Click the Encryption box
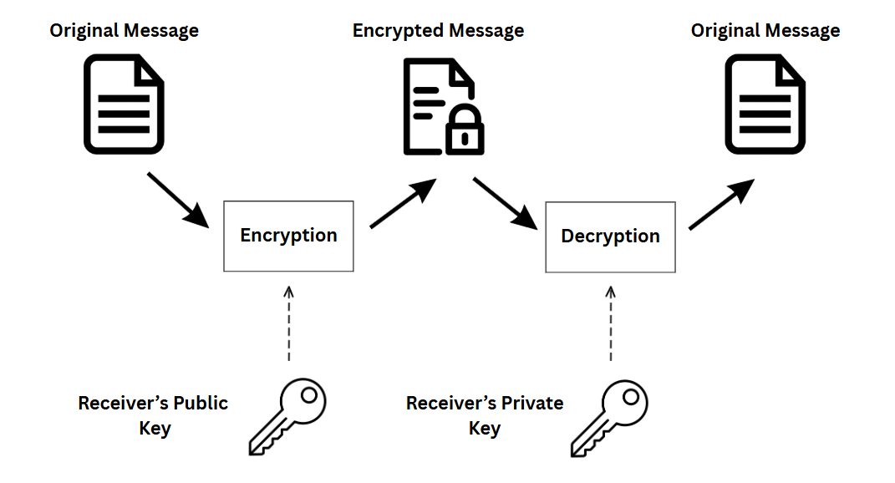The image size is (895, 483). coord(288,236)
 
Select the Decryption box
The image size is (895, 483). coord(610,236)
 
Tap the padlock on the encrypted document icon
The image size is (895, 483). coord(465,130)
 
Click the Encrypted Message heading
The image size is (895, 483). coord(438,31)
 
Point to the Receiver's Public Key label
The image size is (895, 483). coord(153,415)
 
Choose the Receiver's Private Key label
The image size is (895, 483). coord(485,415)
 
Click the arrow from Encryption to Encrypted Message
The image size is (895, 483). coord(403,203)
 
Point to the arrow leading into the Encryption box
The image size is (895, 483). coord(178,199)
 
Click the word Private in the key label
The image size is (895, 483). coord(532,403)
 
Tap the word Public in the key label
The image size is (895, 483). coord(200,403)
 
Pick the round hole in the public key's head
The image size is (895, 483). coord(309,394)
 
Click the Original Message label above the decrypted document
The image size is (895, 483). coord(765,31)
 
